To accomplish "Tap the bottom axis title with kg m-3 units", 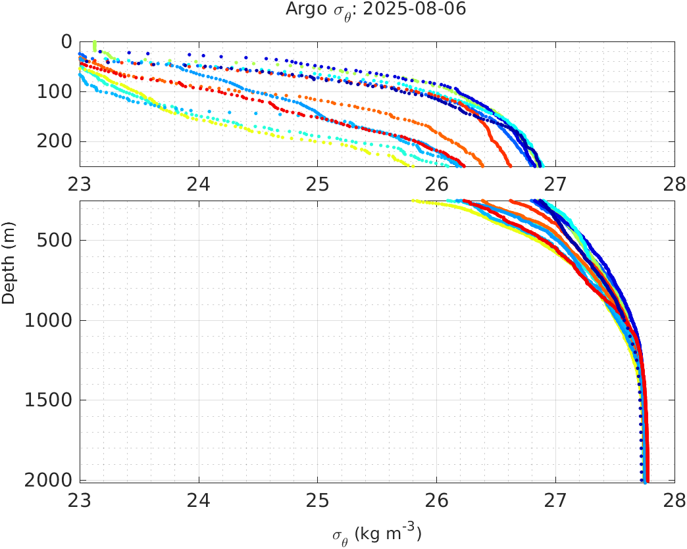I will pos(376,533).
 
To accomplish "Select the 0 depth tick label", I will pos(66,41).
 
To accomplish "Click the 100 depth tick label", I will pos(55,91).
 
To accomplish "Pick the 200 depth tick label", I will pos(55,141).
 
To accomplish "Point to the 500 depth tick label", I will pos(55,240).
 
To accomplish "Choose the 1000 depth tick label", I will pos(50,321).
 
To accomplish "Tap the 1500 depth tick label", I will pos(50,400).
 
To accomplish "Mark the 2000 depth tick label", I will pos(50,480).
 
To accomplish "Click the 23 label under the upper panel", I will pos(80,184).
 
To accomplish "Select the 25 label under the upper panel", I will pos(318,184).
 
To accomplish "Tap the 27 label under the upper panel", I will pos(555,184).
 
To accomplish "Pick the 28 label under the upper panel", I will pos(674,184).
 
